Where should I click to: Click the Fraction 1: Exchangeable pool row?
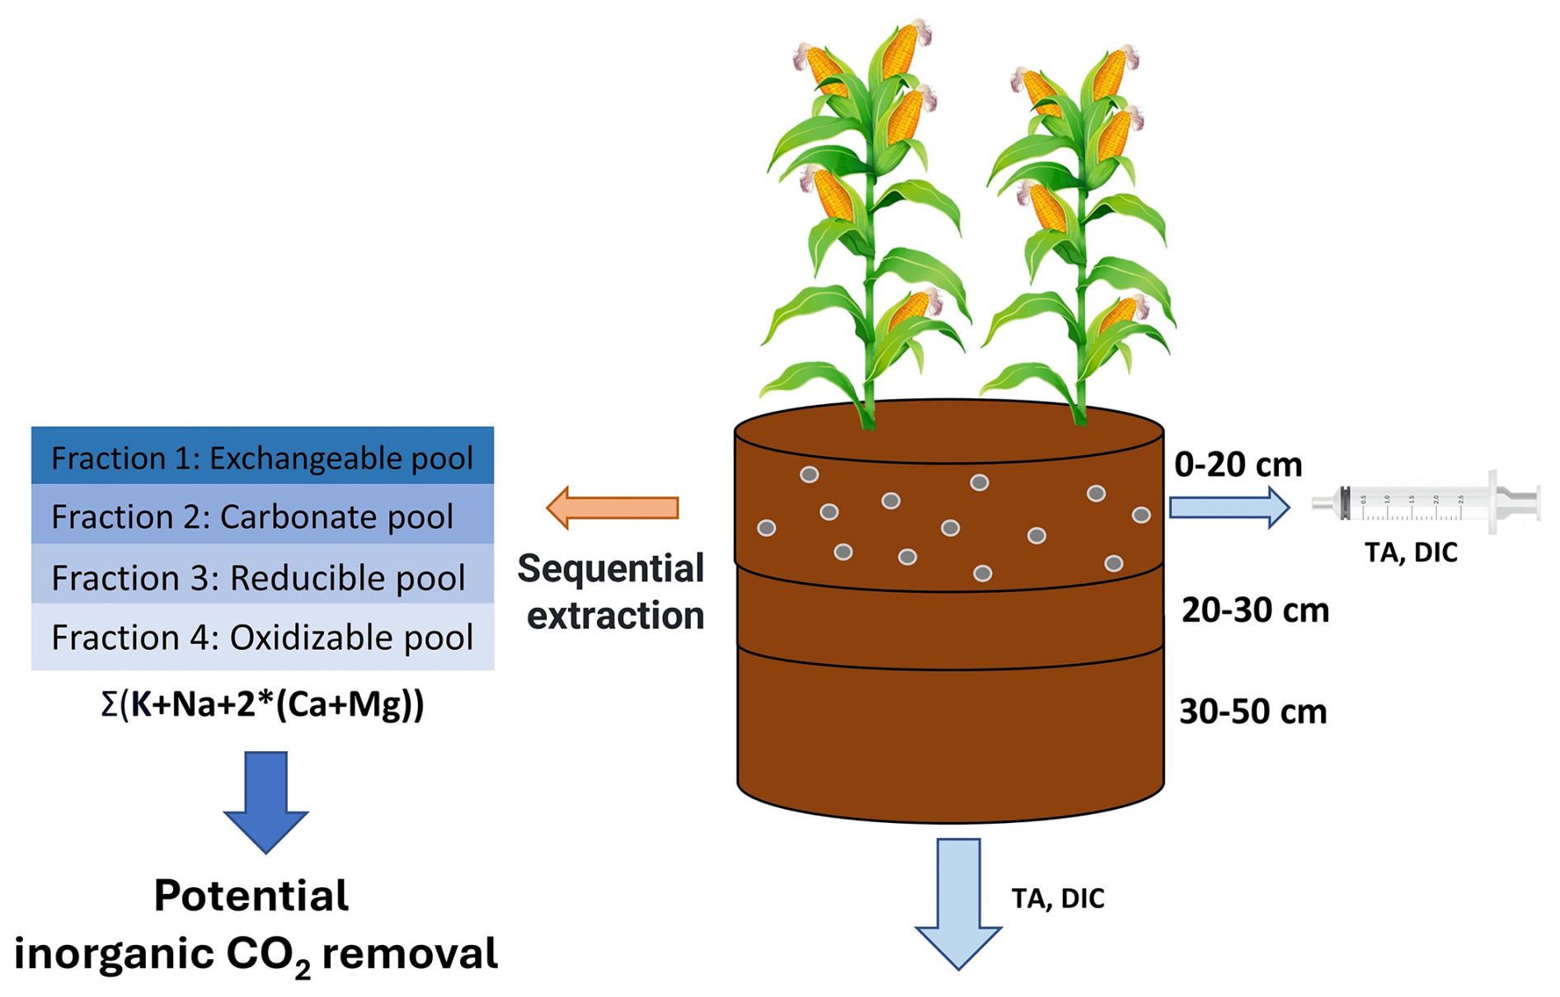tap(262, 457)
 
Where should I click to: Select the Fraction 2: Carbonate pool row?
tap(262, 516)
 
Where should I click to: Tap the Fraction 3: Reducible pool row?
tap(262, 577)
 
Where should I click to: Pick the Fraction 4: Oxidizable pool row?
tap(262, 637)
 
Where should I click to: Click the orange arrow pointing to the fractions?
tap(613, 507)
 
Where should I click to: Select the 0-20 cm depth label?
tap(1238, 465)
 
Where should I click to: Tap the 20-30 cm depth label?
tap(1255, 610)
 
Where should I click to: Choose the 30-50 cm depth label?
tap(1252, 711)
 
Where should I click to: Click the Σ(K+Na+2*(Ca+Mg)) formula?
tap(262, 705)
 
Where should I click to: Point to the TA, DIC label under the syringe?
tap(1411, 552)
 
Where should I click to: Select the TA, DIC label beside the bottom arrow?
tap(1058, 898)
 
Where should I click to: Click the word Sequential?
tap(610, 569)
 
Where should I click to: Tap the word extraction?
tap(615, 615)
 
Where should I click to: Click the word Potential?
tap(251, 896)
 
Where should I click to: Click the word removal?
tap(410, 954)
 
